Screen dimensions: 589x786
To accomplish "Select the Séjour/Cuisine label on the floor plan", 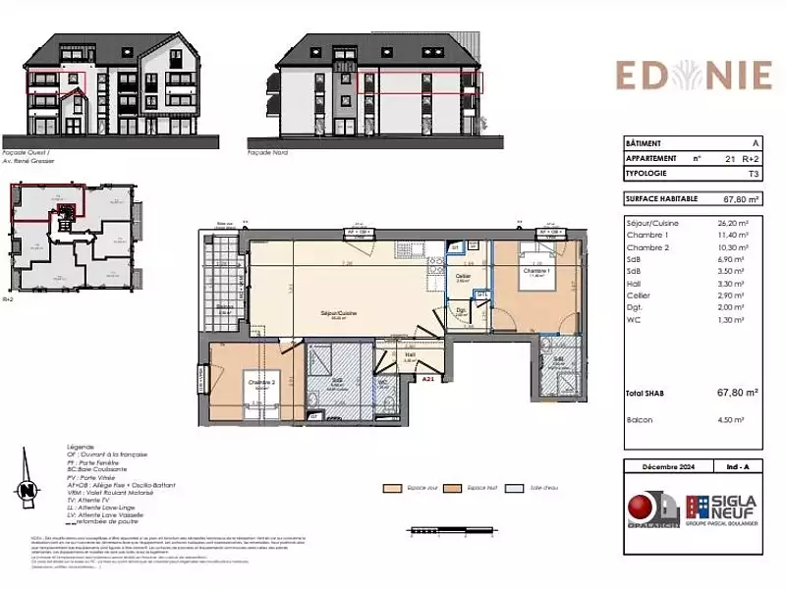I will point(337,314).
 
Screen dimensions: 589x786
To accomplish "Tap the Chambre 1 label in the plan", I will point(534,271).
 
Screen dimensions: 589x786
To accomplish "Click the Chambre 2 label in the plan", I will point(260,382).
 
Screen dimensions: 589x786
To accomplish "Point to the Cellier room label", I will point(462,277).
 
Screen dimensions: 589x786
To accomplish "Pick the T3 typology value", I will point(754,173).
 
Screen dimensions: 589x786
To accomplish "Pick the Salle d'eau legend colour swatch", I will point(512,487).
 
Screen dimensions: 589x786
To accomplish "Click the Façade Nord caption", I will point(266,152).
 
